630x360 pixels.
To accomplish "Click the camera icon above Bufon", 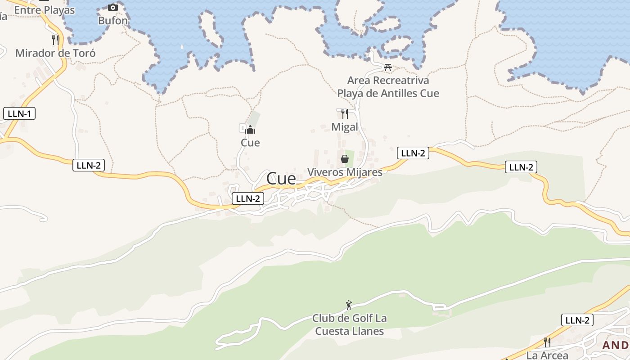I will click(x=112, y=7).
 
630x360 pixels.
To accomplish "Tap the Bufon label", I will click(x=113, y=21).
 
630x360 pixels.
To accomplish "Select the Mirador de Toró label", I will click(x=55, y=53).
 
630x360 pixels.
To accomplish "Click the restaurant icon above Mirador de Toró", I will click(x=55, y=40).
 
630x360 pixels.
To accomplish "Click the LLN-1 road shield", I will click(x=19, y=113).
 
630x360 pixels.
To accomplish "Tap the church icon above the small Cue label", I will click(x=250, y=130).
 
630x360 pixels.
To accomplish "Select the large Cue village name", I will click(x=281, y=179).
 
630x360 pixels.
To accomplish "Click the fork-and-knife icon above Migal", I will click(x=345, y=113).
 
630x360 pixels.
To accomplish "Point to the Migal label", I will click(x=345, y=127).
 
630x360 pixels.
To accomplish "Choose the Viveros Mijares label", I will click(x=345, y=172).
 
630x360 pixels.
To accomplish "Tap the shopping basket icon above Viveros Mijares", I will click(x=345, y=159).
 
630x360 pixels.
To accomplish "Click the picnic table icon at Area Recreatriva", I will click(x=388, y=67).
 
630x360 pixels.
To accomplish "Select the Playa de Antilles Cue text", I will click(x=388, y=93).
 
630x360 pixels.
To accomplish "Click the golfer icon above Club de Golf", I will click(x=349, y=306).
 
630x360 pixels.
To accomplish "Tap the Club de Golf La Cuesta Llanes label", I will click(x=349, y=325).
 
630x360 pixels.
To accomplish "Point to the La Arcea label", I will click(x=547, y=355).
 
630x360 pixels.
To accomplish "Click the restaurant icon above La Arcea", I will click(x=547, y=342).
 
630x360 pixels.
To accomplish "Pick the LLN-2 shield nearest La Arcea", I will click(x=577, y=320).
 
